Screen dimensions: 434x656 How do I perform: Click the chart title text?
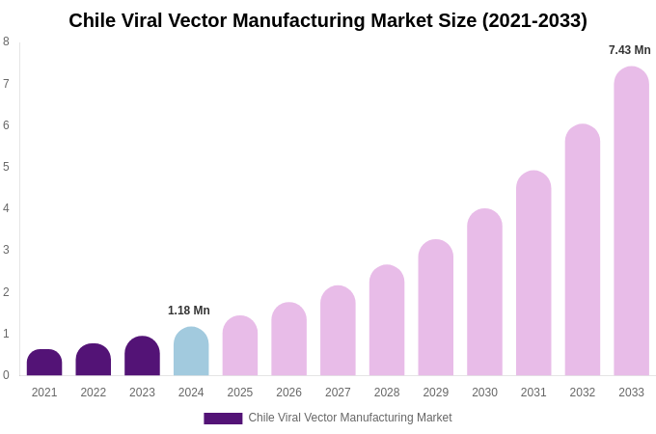(328, 20)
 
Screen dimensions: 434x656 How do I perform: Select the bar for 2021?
(44, 363)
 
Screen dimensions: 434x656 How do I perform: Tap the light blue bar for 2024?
(191, 352)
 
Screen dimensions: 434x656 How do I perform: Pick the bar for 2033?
(631, 222)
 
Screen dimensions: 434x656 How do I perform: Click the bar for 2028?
(387, 320)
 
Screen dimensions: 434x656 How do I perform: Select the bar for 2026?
(288, 339)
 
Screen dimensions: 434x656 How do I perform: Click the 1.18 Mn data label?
(189, 311)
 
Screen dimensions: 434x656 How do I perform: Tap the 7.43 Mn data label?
(629, 50)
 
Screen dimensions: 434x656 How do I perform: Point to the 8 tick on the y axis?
(6, 41)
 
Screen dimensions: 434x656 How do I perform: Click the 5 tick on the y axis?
(6, 167)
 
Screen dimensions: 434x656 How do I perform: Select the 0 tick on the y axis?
(6, 375)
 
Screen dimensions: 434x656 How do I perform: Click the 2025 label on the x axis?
(240, 393)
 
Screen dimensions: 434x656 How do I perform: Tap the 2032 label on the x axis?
(583, 393)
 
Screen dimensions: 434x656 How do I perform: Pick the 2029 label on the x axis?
(436, 393)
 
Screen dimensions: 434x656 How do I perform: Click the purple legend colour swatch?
(223, 419)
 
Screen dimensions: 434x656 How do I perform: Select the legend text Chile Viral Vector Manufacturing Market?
(350, 418)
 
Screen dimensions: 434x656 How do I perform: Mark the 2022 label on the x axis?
(94, 393)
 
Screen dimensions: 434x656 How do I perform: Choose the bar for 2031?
(533, 274)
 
